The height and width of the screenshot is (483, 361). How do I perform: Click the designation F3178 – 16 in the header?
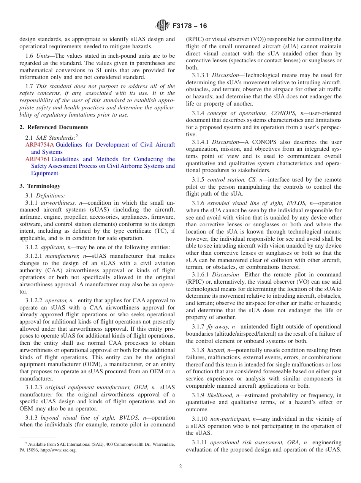pos(190,26)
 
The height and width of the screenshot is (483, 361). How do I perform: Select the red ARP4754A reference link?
pos(40,145)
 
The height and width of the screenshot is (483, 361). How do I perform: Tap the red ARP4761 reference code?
pos(38,159)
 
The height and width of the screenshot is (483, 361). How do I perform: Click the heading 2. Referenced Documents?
pos(54,127)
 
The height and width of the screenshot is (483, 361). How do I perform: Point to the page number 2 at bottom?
pos(180,466)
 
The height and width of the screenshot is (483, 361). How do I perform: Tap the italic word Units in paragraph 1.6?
pos(43,56)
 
